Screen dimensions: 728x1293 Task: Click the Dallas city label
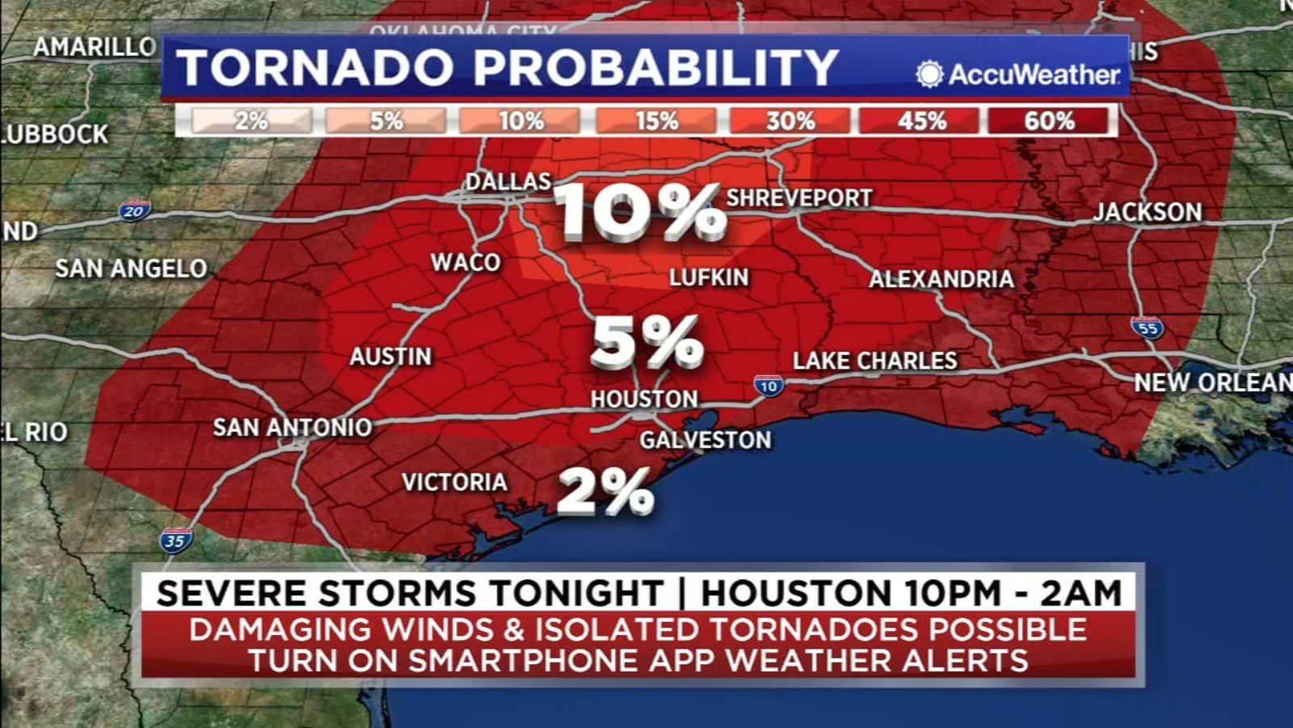(508, 181)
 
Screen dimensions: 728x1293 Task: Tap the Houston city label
(644, 399)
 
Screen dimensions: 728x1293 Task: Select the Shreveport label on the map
(799, 198)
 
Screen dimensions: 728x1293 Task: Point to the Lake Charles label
(874, 361)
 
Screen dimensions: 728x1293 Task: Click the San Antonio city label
(292, 427)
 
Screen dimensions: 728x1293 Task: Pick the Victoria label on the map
(455, 482)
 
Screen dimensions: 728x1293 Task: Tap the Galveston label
(705, 440)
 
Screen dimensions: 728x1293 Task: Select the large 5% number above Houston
(646, 342)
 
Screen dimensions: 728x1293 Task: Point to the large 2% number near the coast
(605, 491)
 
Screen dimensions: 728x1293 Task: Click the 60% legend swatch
(1049, 121)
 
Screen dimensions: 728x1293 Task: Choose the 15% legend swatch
(656, 121)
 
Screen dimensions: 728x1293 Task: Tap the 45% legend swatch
(921, 121)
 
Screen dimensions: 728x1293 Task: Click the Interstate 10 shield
(769, 386)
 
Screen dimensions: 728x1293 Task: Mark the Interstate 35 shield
(175, 540)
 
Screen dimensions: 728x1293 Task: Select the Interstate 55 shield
(1148, 328)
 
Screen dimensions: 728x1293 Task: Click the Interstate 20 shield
(134, 211)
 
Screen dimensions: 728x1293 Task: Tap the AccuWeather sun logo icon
(929, 74)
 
